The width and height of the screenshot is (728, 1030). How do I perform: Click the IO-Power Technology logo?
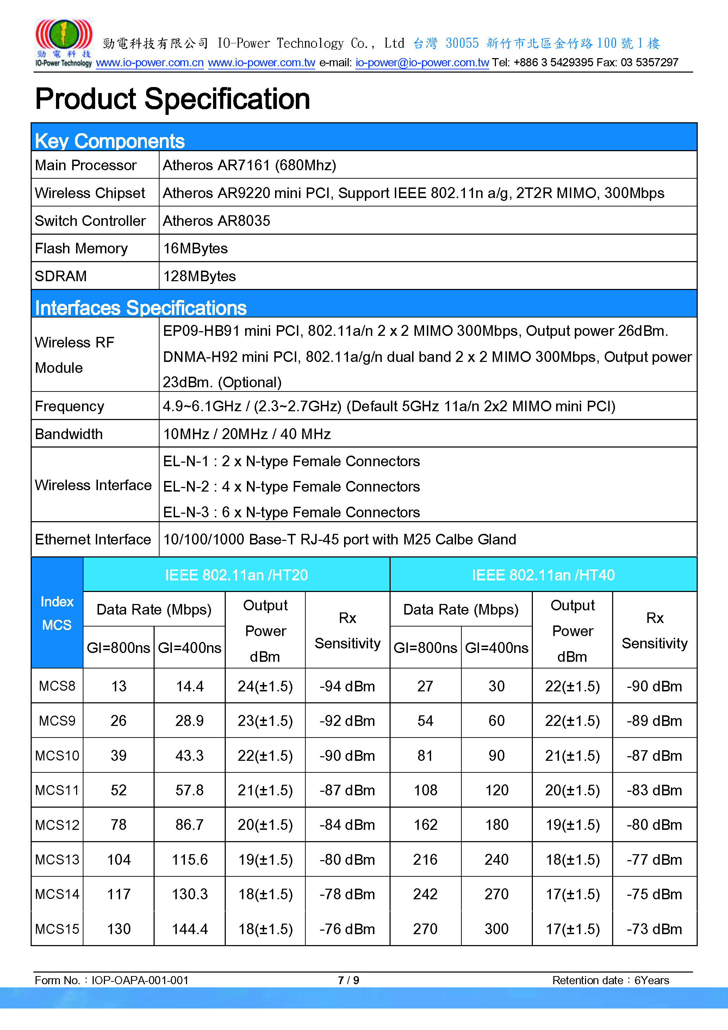64,42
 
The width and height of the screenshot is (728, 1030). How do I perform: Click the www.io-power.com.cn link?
150,63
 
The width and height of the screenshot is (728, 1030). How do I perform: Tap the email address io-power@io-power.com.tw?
422,63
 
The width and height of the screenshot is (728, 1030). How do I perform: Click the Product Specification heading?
173,99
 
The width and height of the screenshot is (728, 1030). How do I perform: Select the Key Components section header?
110,141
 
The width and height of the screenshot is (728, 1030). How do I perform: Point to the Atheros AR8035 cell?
217,221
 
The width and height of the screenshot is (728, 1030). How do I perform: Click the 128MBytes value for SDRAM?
199,276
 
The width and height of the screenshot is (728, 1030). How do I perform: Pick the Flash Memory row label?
81,248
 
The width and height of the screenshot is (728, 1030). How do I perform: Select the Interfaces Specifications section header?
141,308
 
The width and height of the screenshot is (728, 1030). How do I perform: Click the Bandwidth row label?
69,434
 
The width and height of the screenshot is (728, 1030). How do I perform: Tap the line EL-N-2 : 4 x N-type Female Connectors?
291,487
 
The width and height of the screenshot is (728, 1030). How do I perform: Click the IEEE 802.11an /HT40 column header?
543,575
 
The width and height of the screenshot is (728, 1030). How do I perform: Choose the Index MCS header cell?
57,613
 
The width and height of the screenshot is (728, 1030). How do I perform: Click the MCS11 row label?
57,790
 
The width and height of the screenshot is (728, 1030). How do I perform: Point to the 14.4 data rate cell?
189,686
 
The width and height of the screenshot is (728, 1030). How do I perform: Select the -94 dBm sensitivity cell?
347,686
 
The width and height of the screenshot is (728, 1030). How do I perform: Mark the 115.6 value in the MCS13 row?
189,859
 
